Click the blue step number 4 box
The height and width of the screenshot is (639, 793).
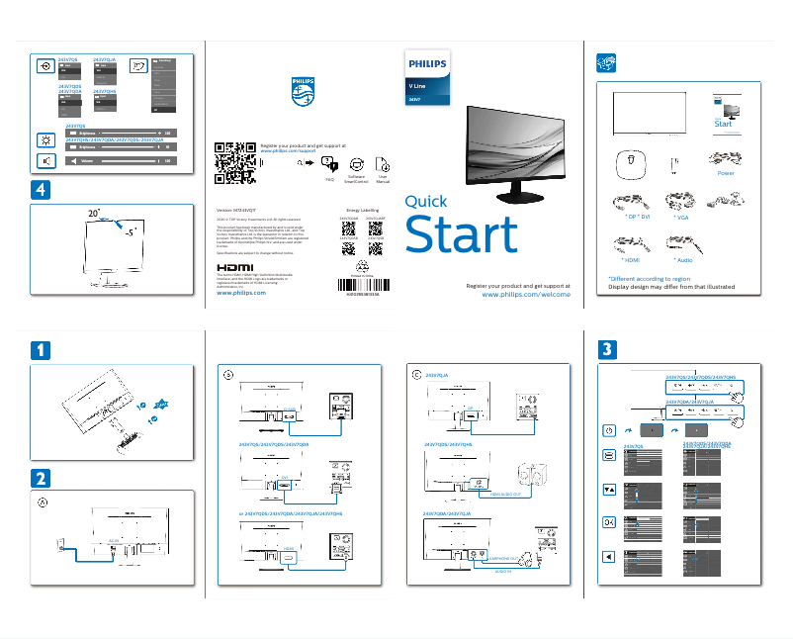[39, 188]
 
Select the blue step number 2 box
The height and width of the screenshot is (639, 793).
[39, 478]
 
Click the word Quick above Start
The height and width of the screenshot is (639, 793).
[426, 202]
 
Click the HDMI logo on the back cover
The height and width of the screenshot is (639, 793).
[234, 267]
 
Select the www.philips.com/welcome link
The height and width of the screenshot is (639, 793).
[525, 295]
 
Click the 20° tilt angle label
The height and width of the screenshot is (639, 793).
[94, 214]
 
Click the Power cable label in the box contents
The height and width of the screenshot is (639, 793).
[726, 173]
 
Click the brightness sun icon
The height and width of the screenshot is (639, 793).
[45, 139]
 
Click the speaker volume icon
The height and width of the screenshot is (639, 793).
[45, 160]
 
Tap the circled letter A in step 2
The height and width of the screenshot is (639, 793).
[43, 502]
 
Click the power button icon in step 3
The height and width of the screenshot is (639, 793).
[609, 430]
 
